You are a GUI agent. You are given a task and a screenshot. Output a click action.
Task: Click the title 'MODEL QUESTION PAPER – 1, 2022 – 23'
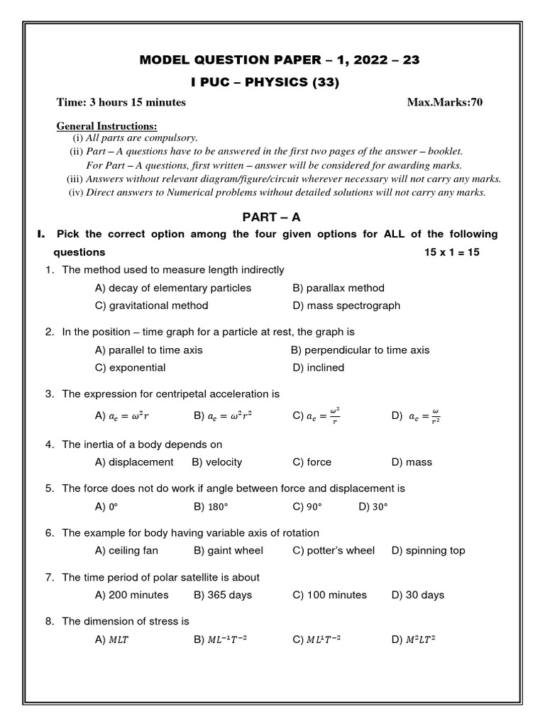[x=280, y=60]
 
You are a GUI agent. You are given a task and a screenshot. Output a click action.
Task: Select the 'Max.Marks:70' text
[x=444, y=102]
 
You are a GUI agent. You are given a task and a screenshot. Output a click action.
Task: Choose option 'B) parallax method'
[x=338, y=288]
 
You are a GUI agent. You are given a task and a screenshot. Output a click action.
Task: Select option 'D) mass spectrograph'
[x=346, y=306]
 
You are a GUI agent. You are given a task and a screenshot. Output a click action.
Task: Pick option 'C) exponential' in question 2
[x=130, y=367]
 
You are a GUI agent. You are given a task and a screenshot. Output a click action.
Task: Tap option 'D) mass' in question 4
[x=411, y=462]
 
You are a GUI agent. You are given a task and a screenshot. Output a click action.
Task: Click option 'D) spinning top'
[x=428, y=550]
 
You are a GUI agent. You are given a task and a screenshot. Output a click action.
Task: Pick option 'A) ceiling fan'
[x=126, y=550]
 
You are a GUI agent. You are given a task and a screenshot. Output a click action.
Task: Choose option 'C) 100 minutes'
[x=329, y=595]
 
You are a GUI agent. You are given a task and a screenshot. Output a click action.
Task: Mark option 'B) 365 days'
[x=222, y=595]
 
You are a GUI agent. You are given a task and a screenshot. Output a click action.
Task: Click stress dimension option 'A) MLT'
[x=113, y=640]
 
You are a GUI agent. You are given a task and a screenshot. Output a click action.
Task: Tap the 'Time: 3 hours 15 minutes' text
[x=121, y=102]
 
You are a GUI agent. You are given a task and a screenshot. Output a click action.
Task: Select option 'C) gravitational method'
[x=151, y=306]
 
